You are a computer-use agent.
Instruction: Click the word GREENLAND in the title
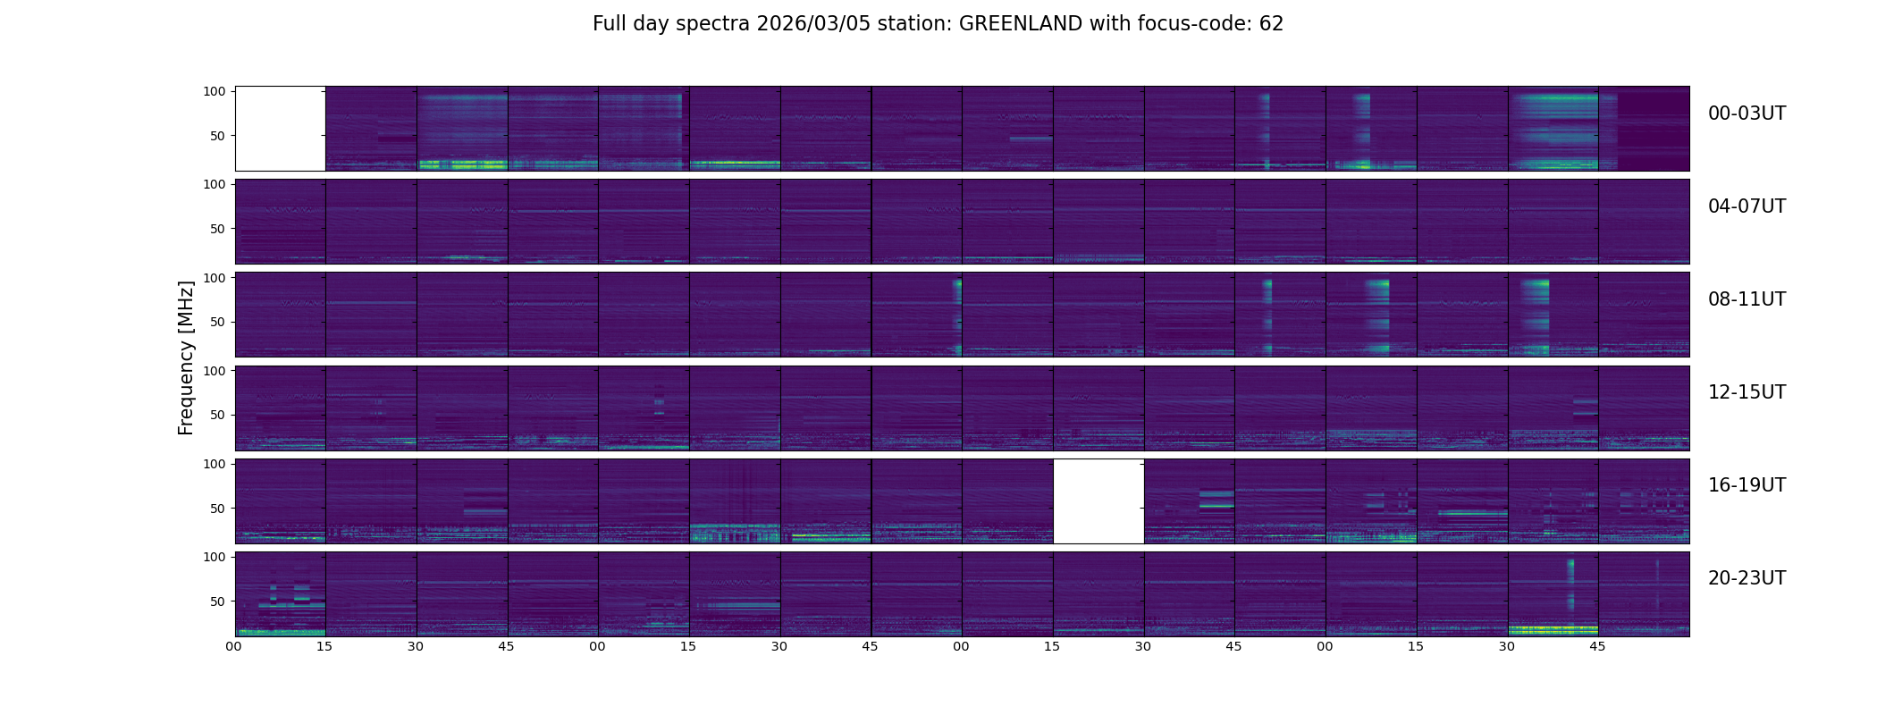(x=1020, y=24)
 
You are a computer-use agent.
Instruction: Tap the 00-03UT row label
(x=1747, y=114)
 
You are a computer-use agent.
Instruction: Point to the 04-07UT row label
(x=1747, y=206)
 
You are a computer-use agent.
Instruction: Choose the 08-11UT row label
(x=1747, y=299)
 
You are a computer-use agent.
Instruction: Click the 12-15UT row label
(x=1747, y=392)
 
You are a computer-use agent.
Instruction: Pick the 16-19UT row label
(x=1747, y=485)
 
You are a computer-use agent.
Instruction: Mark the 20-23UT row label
(x=1747, y=578)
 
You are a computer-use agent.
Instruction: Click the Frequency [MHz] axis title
(x=186, y=358)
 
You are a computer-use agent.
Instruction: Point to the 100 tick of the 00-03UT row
(x=215, y=91)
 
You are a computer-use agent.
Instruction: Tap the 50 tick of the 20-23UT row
(x=218, y=601)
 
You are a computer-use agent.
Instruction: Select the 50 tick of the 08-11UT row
(x=218, y=322)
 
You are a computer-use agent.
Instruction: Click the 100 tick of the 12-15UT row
(x=215, y=370)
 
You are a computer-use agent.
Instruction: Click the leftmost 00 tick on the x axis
(x=234, y=646)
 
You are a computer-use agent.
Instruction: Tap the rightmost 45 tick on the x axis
(x=1597, y=646)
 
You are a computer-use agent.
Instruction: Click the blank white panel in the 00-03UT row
(x=280, y=129)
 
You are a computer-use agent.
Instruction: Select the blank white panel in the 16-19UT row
(x=1098, y=501)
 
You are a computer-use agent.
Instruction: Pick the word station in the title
(x=920, y=24)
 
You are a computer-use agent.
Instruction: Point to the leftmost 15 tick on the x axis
(x=324, y=646)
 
